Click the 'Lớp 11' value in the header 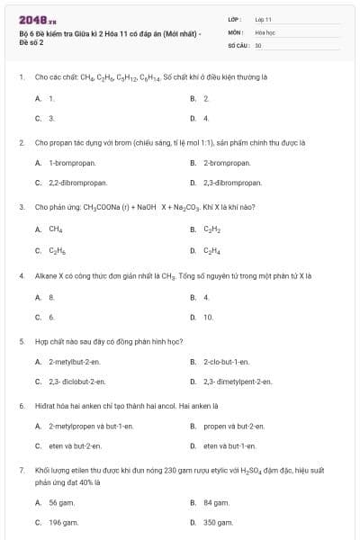click(264, 19)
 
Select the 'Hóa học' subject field click(265, 31)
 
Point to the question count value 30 click(258, 44)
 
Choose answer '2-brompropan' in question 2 click(226, 163)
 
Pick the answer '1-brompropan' click(72, 163)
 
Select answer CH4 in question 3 click(56, 229)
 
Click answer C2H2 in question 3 click(211, 229)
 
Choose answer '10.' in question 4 click(208, 317)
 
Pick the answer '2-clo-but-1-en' click(226, 361)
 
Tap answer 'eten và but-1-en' click(229, 445)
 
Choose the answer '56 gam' click(61, 502)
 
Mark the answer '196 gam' click(63, 522)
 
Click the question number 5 click(21, 342)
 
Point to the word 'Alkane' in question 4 click(44, 276)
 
